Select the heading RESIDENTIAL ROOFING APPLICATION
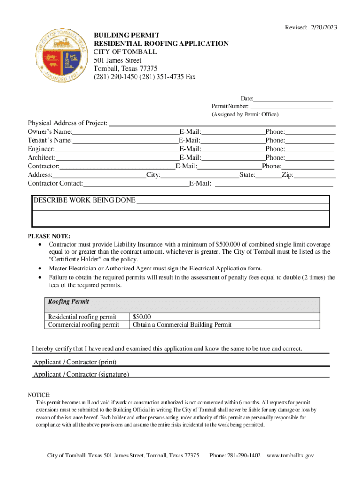coord(161,44)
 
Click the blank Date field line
coord(293,98)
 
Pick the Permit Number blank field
coord(290,106)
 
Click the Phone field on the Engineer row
coord(310,149)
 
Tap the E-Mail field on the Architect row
coord(232,158)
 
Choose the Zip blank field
coord(315,175)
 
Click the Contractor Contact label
coord(55,183)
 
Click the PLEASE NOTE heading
coord(49,236)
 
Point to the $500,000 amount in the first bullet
coord(228,245)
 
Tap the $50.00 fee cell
coord(142,317)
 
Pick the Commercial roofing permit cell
coord(83,325)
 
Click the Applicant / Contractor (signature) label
coord(81,374)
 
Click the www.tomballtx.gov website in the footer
coord(290,455)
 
